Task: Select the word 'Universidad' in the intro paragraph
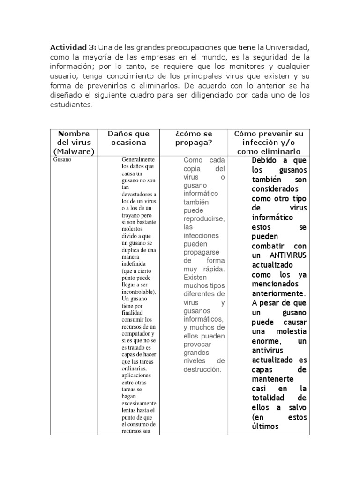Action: click(x=285, y=47)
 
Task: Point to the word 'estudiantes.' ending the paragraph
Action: click(x=72, y=105)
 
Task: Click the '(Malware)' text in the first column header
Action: click(x=74, y=151)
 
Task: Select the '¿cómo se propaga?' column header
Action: click(x=194, y=138)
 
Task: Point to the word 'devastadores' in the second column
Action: click(x=139, y=194)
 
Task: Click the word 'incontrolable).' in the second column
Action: click(x=139, y=291)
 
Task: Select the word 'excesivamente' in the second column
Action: click(x=139, y=403)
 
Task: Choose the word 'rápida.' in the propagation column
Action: click(x=211, y=269)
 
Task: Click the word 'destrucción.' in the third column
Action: click(x=202, y=369)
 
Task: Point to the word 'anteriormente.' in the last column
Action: click(x=278, y=293)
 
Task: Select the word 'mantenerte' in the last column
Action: click(x=272, y=379)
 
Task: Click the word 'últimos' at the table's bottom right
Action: click(x=265, y=426)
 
